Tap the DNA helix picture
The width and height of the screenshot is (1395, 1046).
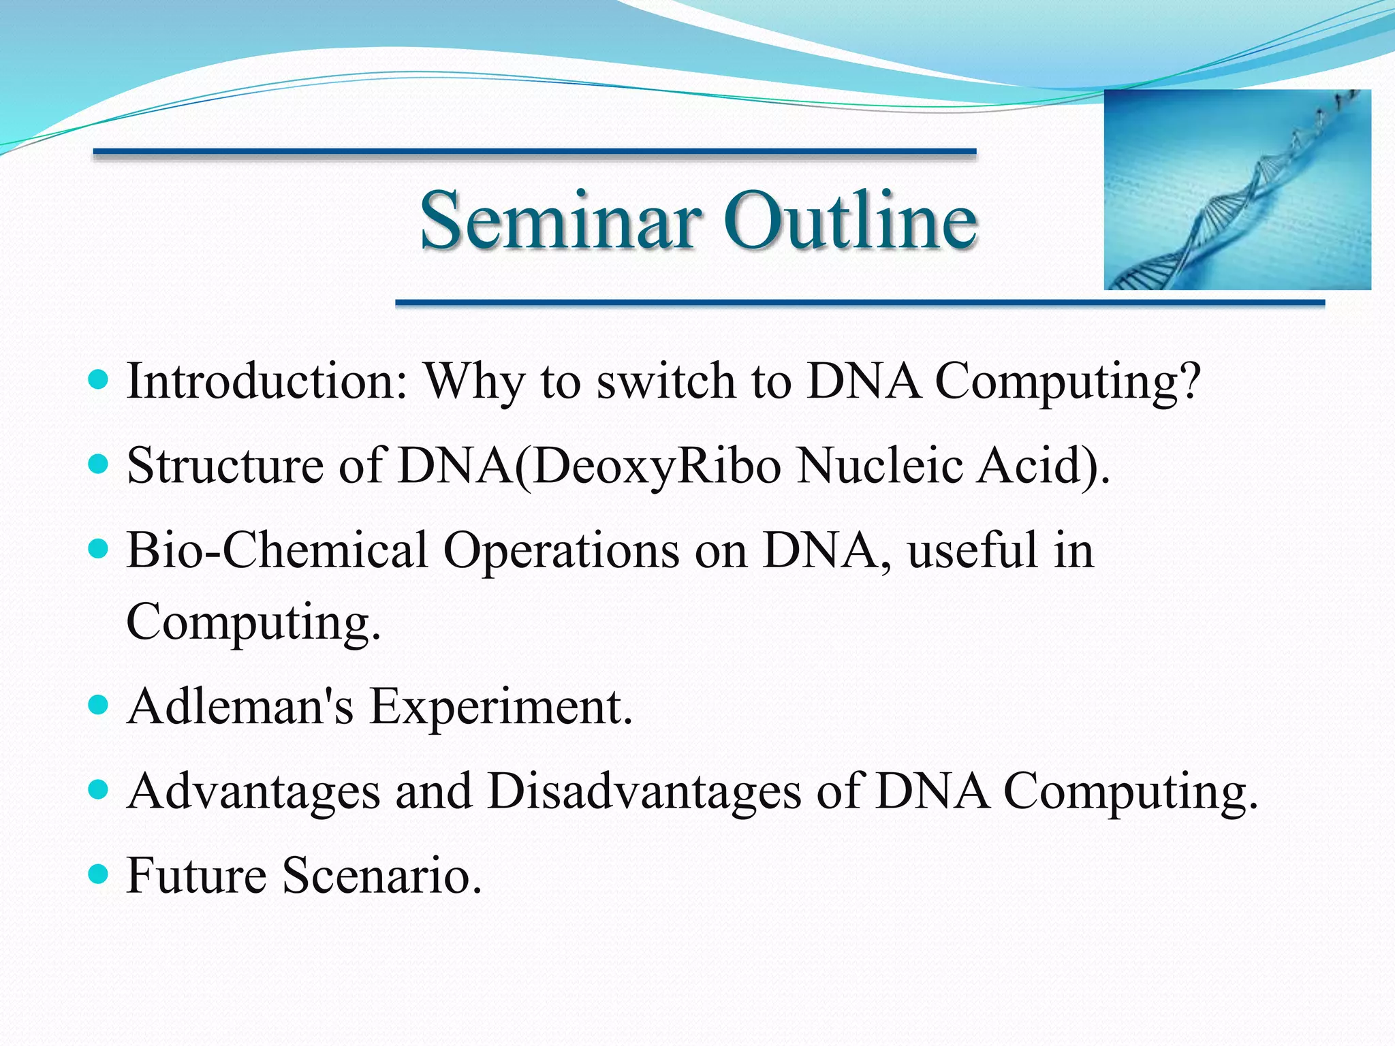(1237, 189)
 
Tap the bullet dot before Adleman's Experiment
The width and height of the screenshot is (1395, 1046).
(99, 703)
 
